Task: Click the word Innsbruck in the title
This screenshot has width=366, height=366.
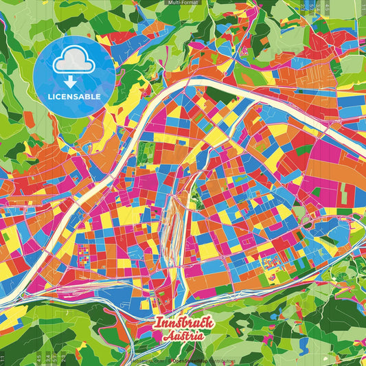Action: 184,323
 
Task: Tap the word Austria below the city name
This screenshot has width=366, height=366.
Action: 184,336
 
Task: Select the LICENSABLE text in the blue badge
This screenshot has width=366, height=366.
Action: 74,96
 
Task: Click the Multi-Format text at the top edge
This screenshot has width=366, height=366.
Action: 183,3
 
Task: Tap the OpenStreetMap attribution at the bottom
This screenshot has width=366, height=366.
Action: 190,361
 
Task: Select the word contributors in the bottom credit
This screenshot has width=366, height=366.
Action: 221,361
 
